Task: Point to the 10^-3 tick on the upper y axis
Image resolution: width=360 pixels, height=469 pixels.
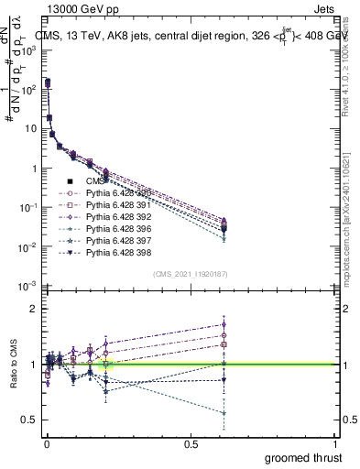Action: coord(26,287)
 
